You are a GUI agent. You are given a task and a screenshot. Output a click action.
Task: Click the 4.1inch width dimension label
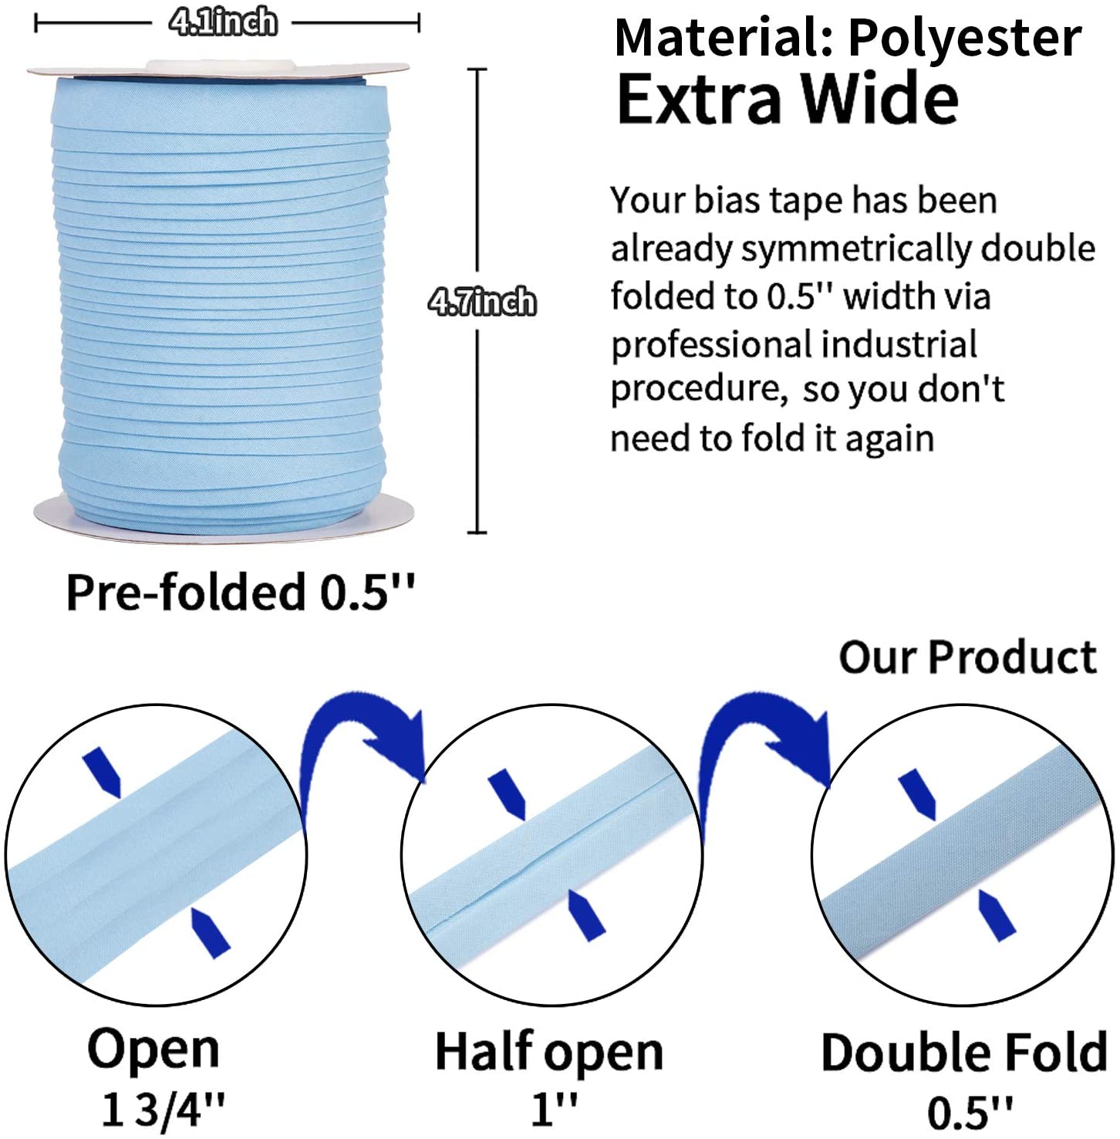click(223, 22)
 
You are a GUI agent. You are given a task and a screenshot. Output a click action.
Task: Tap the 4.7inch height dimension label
click(482, 301)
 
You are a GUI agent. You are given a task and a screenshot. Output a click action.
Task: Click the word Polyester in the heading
click(964, 38)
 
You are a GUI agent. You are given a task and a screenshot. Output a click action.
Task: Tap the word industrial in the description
click(899, 344)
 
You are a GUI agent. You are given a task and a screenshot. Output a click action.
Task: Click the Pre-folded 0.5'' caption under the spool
click(240, 593)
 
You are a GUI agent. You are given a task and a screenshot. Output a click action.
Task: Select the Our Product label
click(968, 657)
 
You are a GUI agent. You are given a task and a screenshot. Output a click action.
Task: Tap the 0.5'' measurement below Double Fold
click(970, 1112)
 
